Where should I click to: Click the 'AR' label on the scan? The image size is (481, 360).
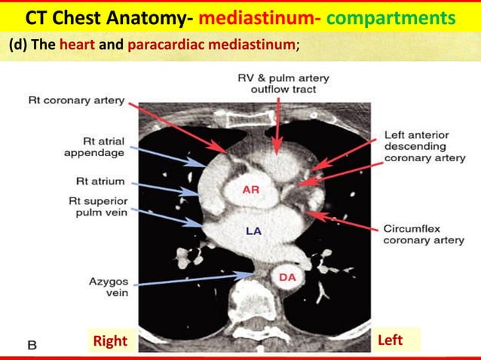(x=251, y=190)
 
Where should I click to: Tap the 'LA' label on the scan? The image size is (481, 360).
(x=253, y=230)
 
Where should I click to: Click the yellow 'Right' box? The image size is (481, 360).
(x=110, y=341)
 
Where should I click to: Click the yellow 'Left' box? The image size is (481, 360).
(x=390, y=340)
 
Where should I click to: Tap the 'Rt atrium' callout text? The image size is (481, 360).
(x=100, y=182)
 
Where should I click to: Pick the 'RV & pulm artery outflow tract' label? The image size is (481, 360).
(x=283, y=83)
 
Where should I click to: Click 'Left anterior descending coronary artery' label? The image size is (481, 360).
(x=417, y=147)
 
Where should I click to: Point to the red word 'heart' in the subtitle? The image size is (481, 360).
(x=77, y=44)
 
